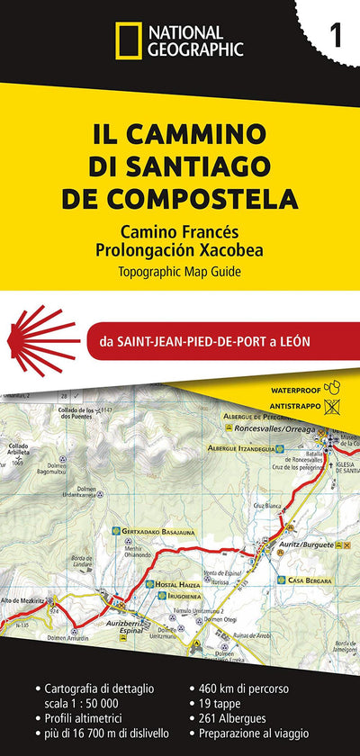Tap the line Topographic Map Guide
pyautogui.click(x=180, y=270)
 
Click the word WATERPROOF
pyautogui.click(x=297, y=391)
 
